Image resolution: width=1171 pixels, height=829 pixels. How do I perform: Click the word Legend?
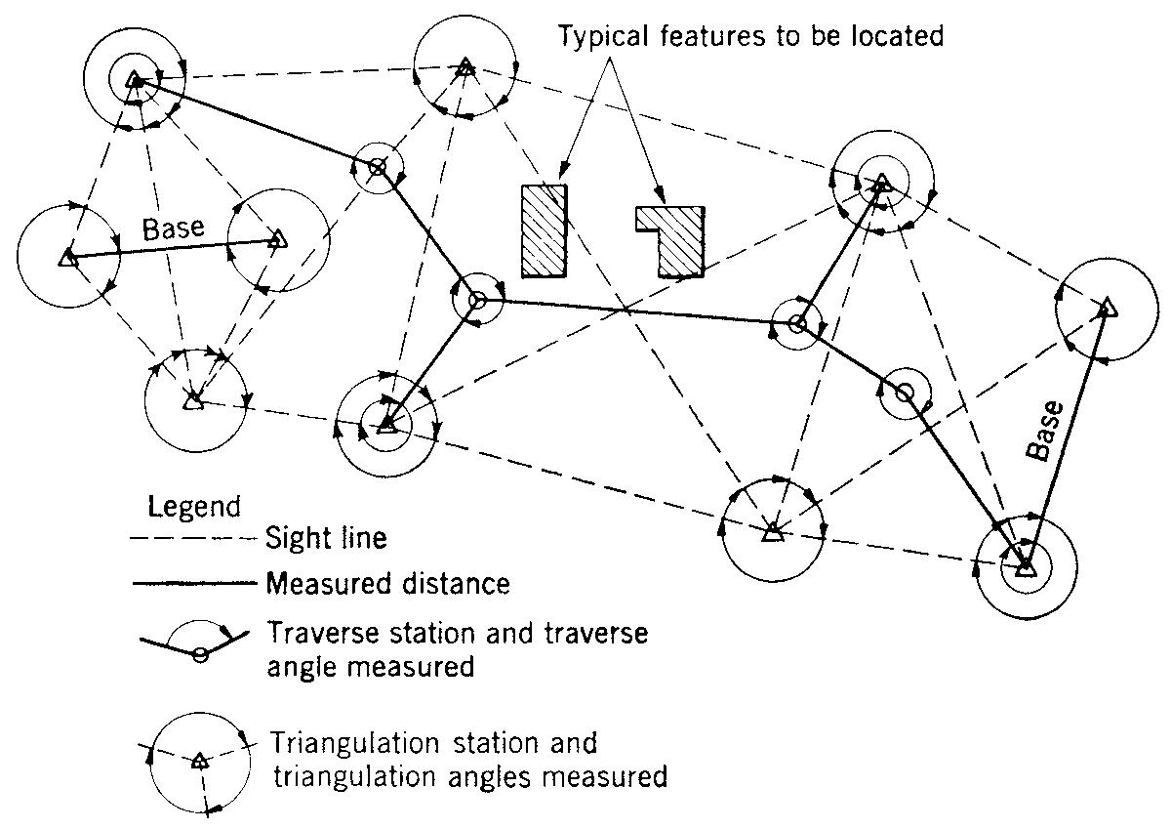click(193, 507)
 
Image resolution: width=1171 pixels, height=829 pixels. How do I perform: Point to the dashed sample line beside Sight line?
click(194, 539)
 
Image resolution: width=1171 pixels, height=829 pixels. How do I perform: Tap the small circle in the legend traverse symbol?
click(199, 654)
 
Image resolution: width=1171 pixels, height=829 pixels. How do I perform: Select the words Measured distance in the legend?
click(387, 584)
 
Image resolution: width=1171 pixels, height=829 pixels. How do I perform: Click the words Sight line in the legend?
click(327, 538)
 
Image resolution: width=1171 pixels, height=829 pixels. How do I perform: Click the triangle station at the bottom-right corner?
click(1025, 566)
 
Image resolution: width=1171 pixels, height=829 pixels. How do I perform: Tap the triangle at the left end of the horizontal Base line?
click(67, 258)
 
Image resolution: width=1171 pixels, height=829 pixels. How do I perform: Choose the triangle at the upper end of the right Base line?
click(1106, 310)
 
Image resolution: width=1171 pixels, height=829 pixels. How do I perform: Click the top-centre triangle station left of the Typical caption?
click(465, 68)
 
